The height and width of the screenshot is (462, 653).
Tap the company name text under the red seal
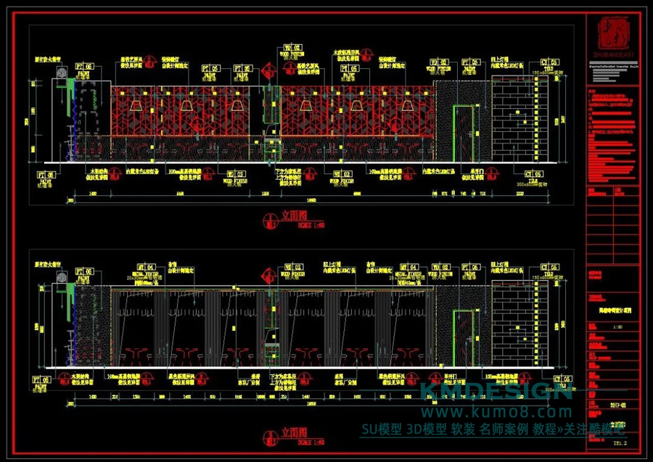(611, 55)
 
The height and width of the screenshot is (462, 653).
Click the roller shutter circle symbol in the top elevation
(62, 73)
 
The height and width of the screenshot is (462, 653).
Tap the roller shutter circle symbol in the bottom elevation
(62, 278)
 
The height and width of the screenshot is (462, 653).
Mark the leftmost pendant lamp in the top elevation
(187, 107)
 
